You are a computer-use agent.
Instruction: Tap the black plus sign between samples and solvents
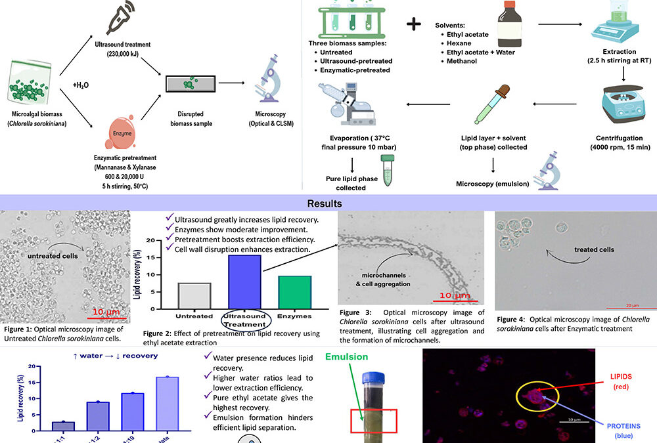pos(414,24)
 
